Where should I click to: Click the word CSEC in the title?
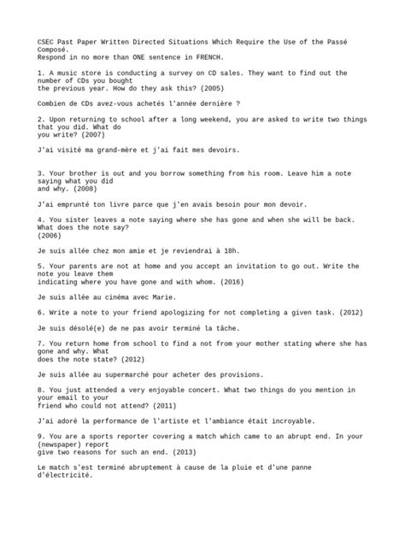click(47, 42)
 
